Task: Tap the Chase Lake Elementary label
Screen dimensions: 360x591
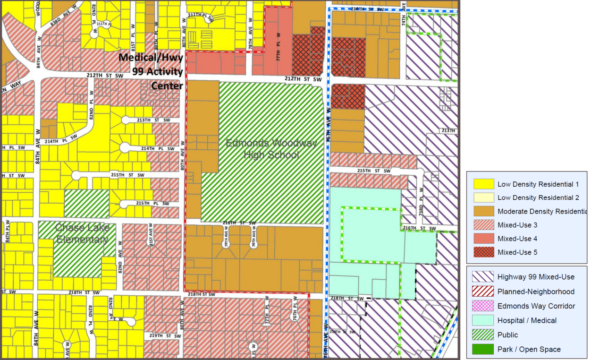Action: point(83,233)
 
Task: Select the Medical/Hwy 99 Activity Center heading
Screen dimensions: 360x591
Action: point(151,71)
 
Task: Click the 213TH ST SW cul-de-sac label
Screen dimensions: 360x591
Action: point(153,120)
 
